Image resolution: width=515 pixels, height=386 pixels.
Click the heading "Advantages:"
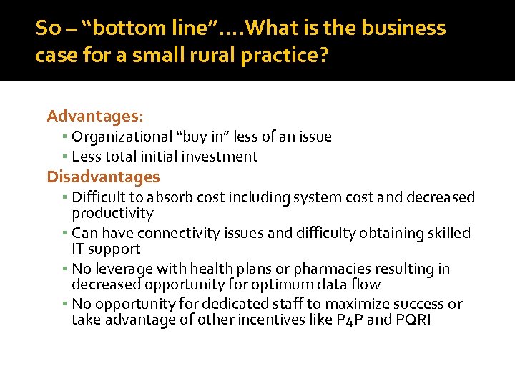[x=95, y=115]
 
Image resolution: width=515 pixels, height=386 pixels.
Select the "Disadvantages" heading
[x=103, y=177]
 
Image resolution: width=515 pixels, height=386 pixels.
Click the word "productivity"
[x=112, y=213]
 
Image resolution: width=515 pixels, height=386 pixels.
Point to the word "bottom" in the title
[x=119, y=28]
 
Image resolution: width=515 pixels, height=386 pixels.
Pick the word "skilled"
[x=446, y=233]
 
